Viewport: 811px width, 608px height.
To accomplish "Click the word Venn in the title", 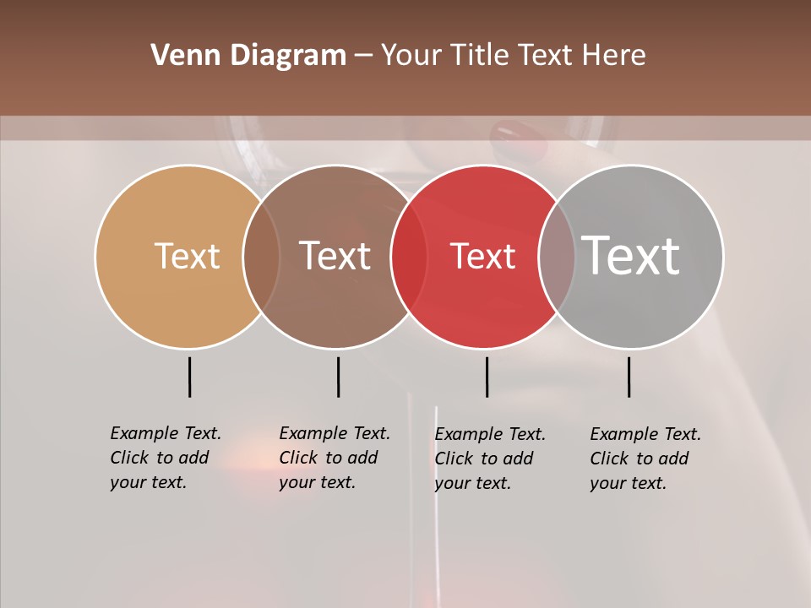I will [x=178, y=56].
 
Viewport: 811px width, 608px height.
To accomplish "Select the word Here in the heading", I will [x=614, y=56].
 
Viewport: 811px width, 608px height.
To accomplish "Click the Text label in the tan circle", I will [x=187, y=256].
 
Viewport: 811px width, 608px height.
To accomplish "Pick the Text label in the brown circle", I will [x=335, y=256].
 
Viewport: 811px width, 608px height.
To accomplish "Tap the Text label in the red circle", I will [x=482, y=257].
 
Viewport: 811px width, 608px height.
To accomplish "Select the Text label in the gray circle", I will [x=631, y=255].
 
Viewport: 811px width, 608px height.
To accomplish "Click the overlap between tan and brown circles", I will [x=261, y=257].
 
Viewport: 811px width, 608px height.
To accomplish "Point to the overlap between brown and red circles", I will [x=409, y=257].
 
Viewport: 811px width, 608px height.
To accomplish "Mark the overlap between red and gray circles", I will [x=557, y=257].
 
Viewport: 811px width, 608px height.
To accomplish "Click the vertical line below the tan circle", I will [x=190, y=377].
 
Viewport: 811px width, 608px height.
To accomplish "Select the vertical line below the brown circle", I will [x=338, y=377].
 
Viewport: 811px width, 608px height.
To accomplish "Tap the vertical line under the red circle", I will [x=487, y=377].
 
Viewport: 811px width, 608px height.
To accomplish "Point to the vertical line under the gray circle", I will [x=629, y=377].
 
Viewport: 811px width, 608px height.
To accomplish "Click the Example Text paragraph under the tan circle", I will [x=165, y=458].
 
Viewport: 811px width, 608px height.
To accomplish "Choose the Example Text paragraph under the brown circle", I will [x=334, y=458].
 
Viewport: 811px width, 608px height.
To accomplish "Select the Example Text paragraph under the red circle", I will [x=489, y=459].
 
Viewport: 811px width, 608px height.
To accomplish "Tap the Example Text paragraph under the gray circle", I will [x=645, y=459].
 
